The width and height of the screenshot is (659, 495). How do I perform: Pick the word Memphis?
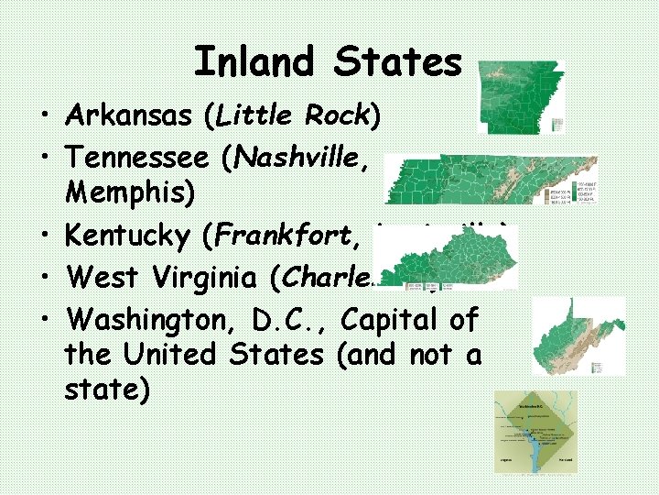tap(120, 196)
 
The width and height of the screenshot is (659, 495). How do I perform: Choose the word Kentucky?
tap(129, 236)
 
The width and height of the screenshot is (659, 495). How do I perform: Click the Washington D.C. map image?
tap(535, 432)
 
